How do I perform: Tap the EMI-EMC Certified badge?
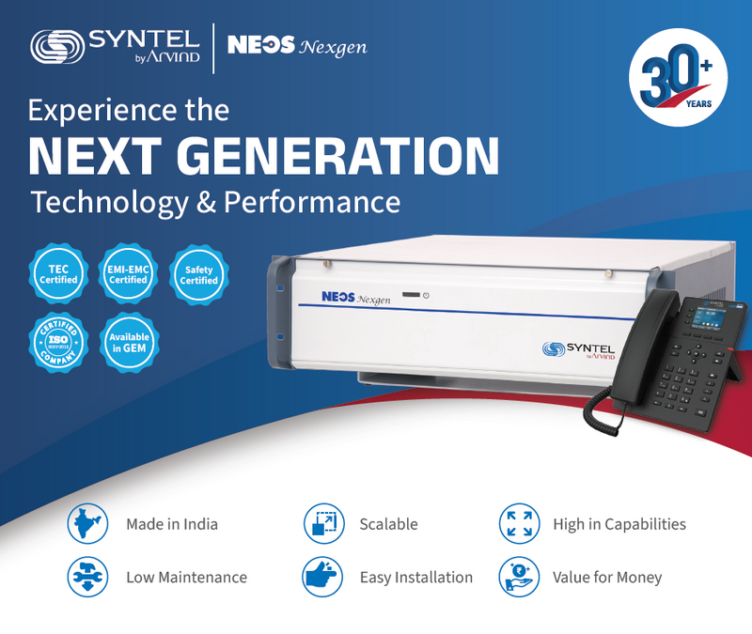128,273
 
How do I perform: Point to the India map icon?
88,524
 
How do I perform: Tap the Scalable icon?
324,524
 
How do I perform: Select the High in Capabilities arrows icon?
519,524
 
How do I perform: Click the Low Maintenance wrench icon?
88,576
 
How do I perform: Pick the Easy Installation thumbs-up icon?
324,576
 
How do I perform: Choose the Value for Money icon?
519,576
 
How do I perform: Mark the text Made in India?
172,524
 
